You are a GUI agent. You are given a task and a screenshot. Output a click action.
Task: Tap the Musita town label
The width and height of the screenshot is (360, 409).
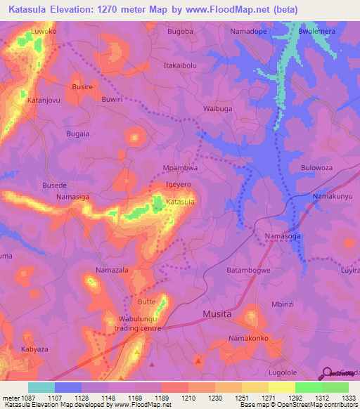pyautogui.click(x=217, y=314)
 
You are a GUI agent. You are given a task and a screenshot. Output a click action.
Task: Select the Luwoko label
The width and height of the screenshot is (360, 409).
pyautogui.click(x=44, y=32)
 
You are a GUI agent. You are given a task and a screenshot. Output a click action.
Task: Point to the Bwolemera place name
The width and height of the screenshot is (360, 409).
pyautogui.click(x=317, y=32)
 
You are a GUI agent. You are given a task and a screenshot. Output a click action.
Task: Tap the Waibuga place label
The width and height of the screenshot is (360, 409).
pyautogui.click(x=217, y=110)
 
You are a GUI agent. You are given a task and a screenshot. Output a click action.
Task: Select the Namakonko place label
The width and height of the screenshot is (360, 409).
pyautogui.click(x=247, y=339)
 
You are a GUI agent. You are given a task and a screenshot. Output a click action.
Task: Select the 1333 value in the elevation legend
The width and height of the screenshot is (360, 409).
pyautogui.click(x=349, y=398)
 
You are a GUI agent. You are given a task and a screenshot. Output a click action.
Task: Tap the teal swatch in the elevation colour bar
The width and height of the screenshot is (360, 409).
pyautogui.click(x=41, y=387)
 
